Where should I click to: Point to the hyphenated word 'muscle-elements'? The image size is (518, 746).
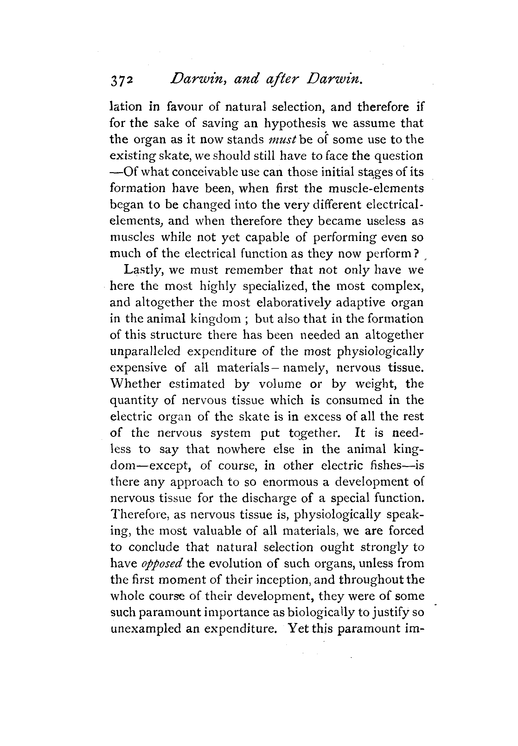tap(376, 188)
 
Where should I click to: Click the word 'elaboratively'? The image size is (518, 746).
tap(294, 302)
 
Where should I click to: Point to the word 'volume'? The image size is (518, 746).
tap(281, 384)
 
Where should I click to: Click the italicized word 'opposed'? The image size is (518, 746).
tap(162, 563)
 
